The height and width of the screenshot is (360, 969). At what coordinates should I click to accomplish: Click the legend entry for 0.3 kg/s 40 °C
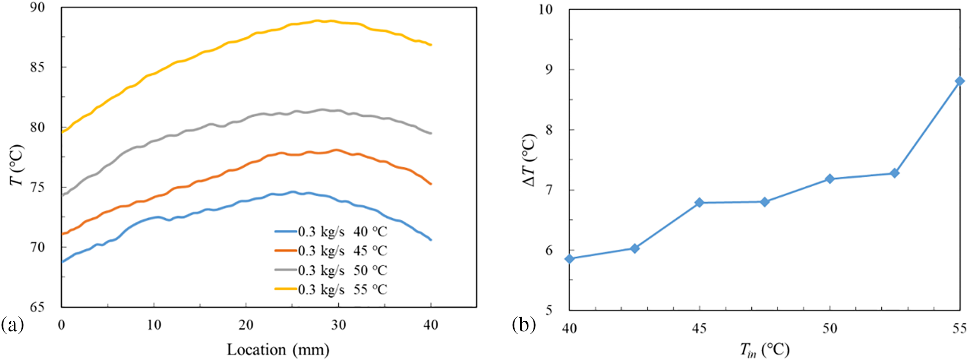point(330,232)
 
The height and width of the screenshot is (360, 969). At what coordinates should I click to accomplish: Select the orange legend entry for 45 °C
point(330,251)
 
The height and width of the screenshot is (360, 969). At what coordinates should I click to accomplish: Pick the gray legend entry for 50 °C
point(330,270)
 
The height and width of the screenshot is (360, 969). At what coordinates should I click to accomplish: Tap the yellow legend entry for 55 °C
point(330,290)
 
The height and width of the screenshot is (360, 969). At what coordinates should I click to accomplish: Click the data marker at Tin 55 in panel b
point(960,81)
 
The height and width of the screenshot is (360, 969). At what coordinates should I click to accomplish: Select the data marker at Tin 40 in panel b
point(570,259)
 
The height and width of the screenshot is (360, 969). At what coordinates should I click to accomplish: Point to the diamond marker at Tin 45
point(699,202)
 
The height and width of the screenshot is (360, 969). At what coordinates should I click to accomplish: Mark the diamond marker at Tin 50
point(830,179)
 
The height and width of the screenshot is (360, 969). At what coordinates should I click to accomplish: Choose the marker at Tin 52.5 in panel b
point(895,173)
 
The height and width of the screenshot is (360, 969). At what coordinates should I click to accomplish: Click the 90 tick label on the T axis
point(37,8)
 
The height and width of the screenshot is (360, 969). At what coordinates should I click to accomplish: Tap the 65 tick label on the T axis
point(37,307)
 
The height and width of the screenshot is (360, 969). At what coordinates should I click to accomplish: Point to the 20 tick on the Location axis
point(246,325)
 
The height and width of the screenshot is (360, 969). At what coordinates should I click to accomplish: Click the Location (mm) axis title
point(278,350)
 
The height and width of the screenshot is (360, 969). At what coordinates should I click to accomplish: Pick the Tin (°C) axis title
point(764,350)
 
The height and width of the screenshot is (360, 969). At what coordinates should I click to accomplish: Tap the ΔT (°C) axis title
point(530,160)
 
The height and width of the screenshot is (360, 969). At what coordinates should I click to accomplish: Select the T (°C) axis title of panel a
point(17,165)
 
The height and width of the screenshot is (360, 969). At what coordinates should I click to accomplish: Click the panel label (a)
point(12,325)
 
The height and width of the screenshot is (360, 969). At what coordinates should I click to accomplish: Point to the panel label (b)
point(524,325)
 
